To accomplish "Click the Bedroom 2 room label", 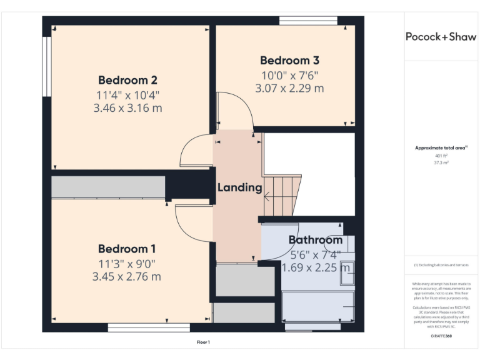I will (x=127, y=80).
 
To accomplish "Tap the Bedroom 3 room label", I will (x=289, y=61).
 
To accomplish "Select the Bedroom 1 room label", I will (x=127, y=248).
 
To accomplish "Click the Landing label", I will (x=239, y=187).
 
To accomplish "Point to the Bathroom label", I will (x=315, y=240).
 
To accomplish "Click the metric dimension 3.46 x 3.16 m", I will (x=127, y=108).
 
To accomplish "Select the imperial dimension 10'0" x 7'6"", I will (x=289, y=75).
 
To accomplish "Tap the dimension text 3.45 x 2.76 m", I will (x=127, y=276).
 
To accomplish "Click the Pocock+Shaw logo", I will (x=441, y=36).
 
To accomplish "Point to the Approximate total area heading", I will (x=441, y=148).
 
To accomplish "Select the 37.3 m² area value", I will (x=441, y=162).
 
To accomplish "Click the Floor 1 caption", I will (x=203, y=342).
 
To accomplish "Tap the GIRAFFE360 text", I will (x=441, y=336).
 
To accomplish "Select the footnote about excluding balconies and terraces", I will (x=441, y=265).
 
